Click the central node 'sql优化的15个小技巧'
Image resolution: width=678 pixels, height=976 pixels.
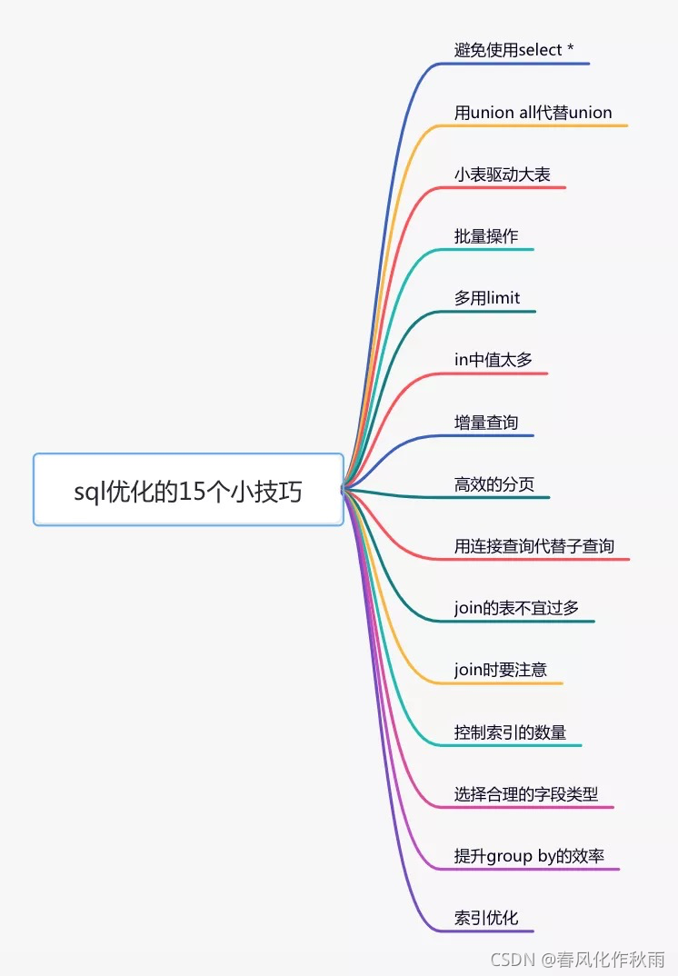click(x=188, y=492)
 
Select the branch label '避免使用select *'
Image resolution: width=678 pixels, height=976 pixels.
click(x=513, y=50)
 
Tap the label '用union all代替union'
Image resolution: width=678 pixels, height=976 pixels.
click(x=533, y=113)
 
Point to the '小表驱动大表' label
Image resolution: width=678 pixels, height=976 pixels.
click(x=502, y=174)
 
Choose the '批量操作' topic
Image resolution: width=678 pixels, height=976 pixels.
click(x=486, y=236)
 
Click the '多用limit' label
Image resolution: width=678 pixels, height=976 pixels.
click(x=487, y=298)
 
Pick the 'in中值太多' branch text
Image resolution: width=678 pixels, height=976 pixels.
click(x=494, y=360)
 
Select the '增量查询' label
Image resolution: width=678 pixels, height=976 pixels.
click(x=486, y=423)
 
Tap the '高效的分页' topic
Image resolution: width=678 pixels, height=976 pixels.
click(x=494, y=484)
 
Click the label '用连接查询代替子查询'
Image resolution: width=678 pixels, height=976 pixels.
click(x=534, y=546)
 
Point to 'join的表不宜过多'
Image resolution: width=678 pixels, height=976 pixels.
click(x=516, y=608)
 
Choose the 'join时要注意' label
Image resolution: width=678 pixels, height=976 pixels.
click(x=501, y=670)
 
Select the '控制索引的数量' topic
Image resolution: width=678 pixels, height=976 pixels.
click(x=510, y=732)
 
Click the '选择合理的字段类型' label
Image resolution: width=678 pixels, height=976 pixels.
click(x=526, y=793)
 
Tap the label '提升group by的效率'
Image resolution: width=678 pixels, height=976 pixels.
click(x=529, y=856)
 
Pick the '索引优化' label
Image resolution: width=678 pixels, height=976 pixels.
click(x=486, y=918)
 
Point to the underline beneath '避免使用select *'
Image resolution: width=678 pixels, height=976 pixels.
click(x=523, y=64)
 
